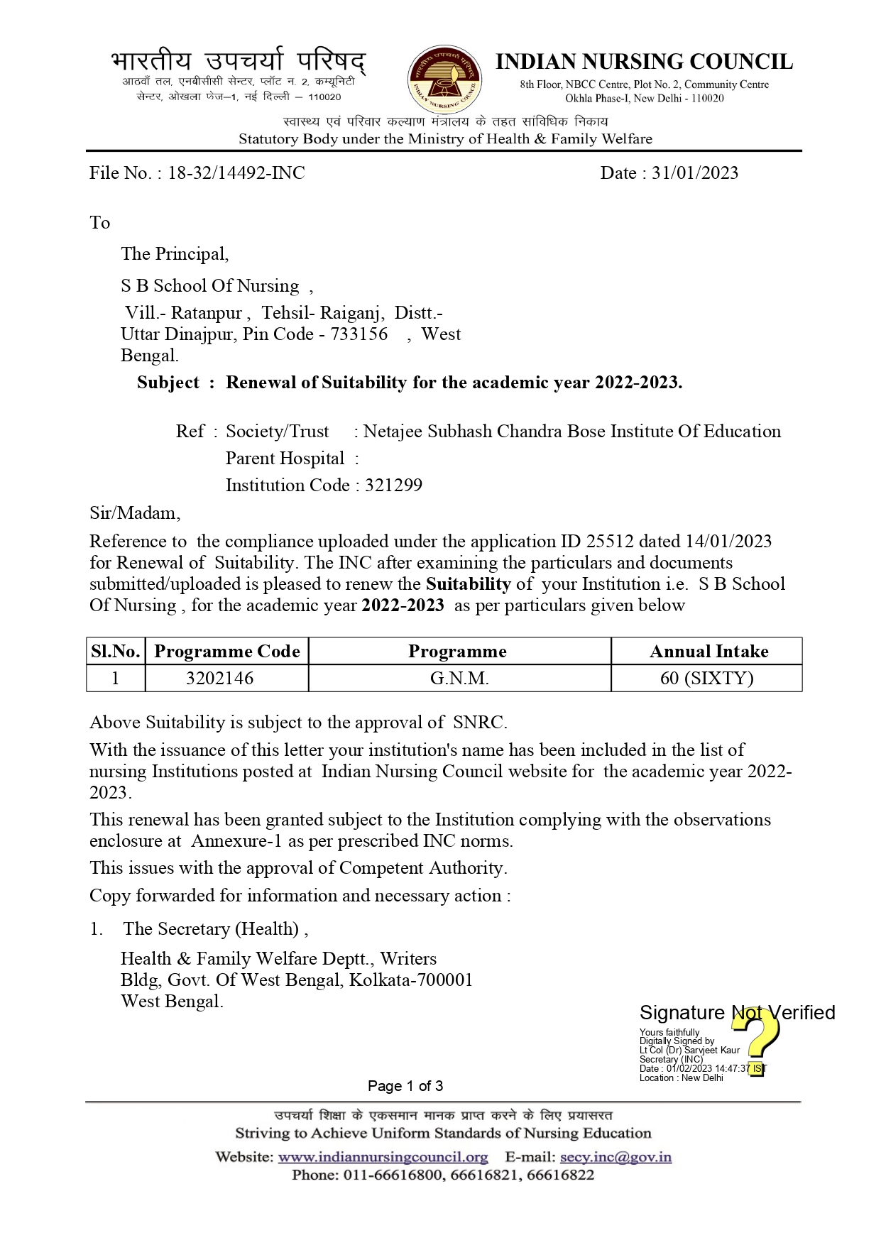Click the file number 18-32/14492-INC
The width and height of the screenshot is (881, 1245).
tap(236, 173)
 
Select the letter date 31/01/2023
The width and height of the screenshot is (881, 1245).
tap(695, 173)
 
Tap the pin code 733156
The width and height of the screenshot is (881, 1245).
tap(359, 334)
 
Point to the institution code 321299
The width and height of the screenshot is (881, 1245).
tap(393, 486)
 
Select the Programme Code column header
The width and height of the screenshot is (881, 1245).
tap(226, 652)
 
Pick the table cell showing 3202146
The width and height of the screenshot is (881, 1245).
tap(219, 679)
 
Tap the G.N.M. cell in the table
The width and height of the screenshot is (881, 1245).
tap(459, 679)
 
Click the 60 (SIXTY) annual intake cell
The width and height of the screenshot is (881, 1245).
tap(706, 679)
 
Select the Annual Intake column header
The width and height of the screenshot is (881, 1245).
tap(708, 652)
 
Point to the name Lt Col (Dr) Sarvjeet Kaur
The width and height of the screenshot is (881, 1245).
tap(689, 1051)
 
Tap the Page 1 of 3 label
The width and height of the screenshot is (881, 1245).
tap(405, 1086)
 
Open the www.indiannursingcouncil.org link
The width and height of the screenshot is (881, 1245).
tap(383, 1157)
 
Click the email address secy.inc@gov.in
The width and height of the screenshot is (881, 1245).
tap(615, 1157)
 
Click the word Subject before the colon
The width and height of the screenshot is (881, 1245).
tap(168, 383)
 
